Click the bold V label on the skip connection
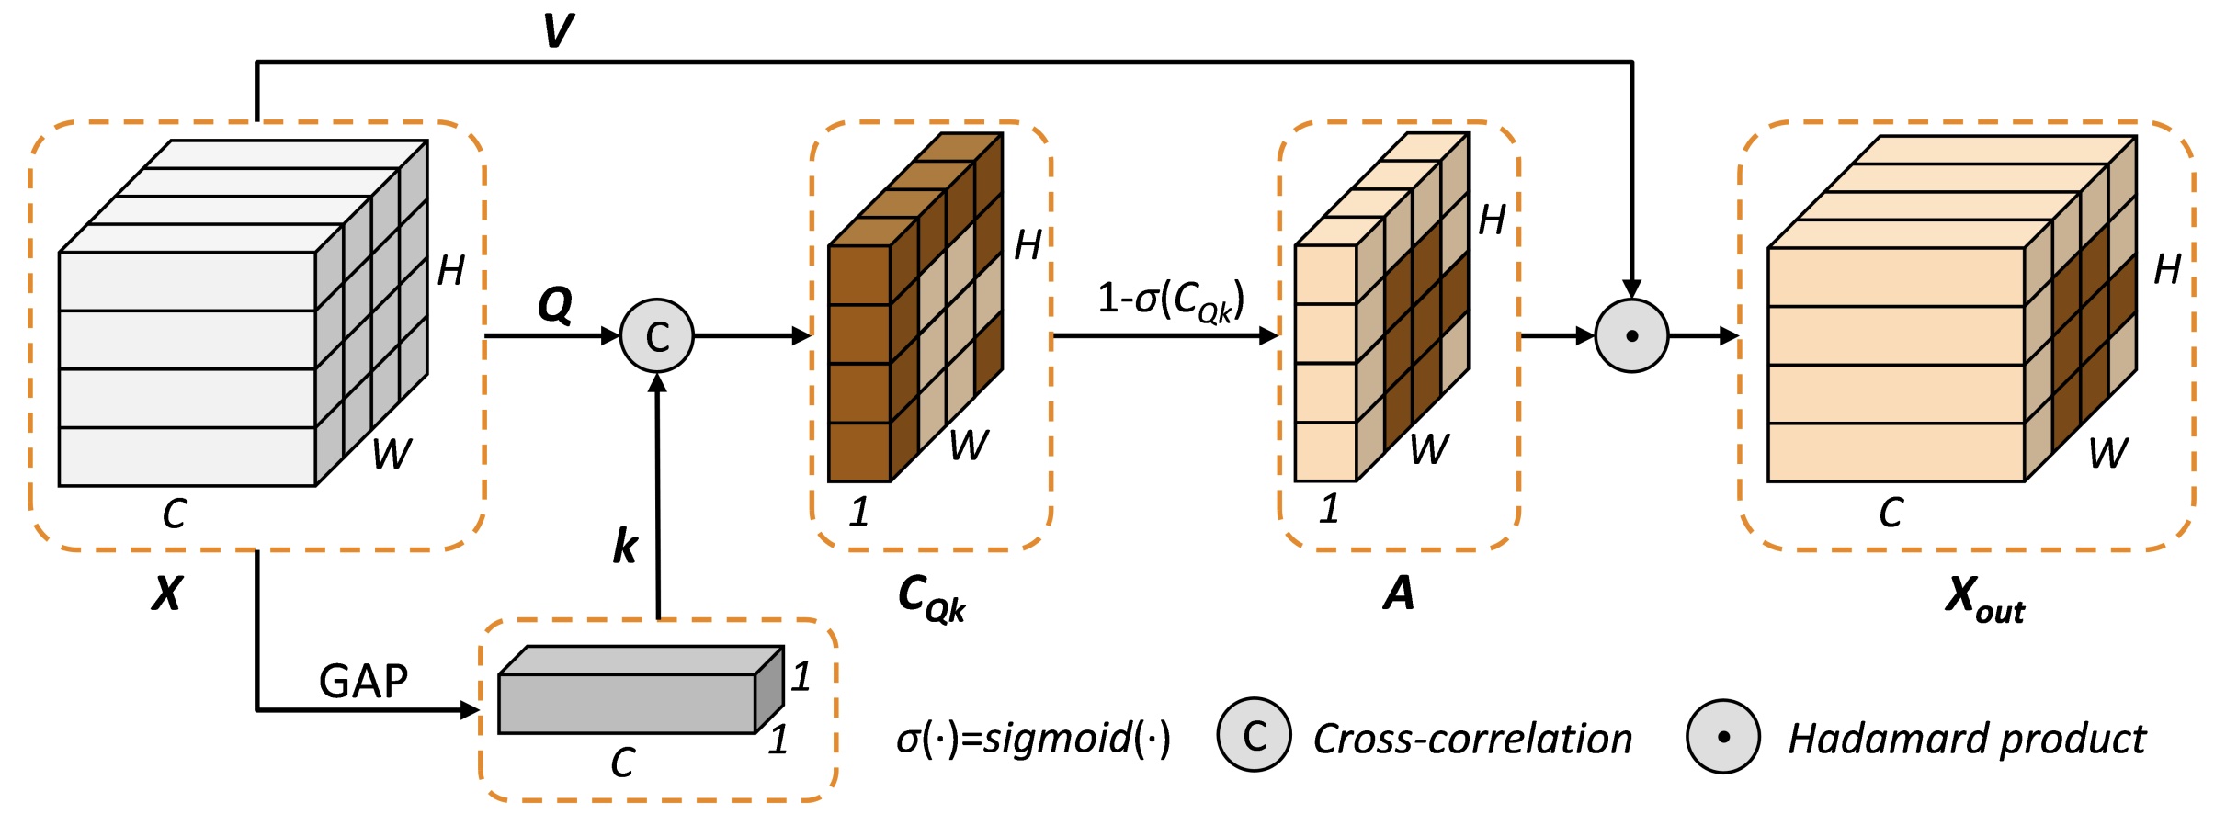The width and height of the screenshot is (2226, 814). point(558,30)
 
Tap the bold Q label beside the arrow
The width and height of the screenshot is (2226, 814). point(555,304)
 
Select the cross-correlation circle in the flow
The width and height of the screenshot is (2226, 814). point(657,336)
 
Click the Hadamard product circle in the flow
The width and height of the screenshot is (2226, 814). point(1631,336)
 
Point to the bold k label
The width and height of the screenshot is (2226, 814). point(625,547)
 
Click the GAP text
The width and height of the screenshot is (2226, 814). point(363,682)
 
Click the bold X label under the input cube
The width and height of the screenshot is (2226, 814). point(167,594)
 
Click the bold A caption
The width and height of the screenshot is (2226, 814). point(1398,594)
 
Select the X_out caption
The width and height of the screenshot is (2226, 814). point(1983,599)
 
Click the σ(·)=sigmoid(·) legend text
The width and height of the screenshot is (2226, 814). point(1033,738)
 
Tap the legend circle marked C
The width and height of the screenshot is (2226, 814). point(1254,735)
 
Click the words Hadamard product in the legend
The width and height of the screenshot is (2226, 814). point(1966,739)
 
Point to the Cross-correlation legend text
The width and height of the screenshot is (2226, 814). point(1472,739)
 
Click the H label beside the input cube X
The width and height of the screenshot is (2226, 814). point(450,270)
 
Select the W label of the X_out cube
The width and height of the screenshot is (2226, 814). point(2107,453)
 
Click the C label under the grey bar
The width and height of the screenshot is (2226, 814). point(622,763)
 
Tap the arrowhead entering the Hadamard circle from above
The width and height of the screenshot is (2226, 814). point(1631,288)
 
